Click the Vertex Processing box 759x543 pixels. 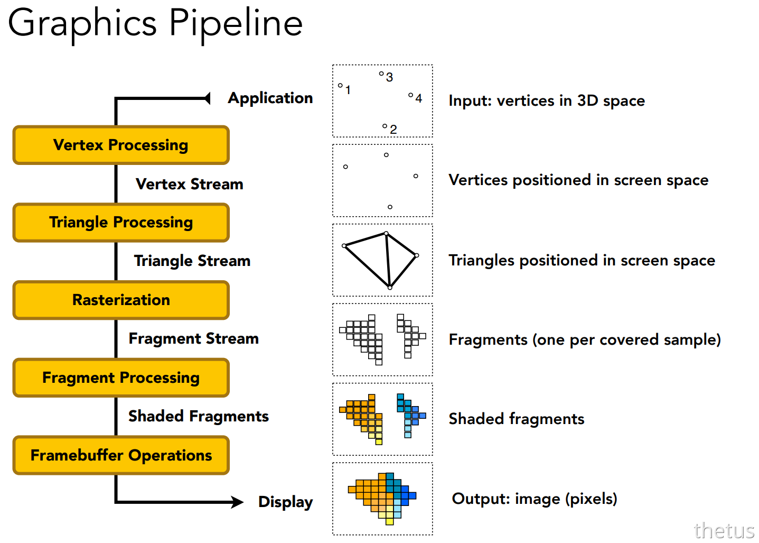(x=121, y=145)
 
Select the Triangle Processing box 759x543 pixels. (x=121, y=223)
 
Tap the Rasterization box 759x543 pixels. (x=121, y=300)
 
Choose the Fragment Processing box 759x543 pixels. (x=121, y=378)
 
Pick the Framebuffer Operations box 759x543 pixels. (x=121, y=455)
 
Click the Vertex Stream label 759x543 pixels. (x=190, y=184)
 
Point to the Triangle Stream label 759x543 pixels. (x=192, y=261)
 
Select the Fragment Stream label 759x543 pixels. (x=194, y=339)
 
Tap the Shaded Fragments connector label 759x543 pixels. (x=199, y=417)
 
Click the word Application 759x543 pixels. (x=270, y=99)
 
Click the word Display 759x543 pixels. (x=286, y=502)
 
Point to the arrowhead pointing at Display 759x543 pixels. (x=237, y=502)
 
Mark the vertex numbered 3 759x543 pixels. (x=381, y=73)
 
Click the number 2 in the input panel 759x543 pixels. (x=393, y=129)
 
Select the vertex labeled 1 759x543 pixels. (x=340, y=86)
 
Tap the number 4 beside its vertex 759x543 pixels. (x=419, y=98)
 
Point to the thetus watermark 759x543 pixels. (x=725, y=531)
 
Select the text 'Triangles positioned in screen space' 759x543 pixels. (x=582, y=261)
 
